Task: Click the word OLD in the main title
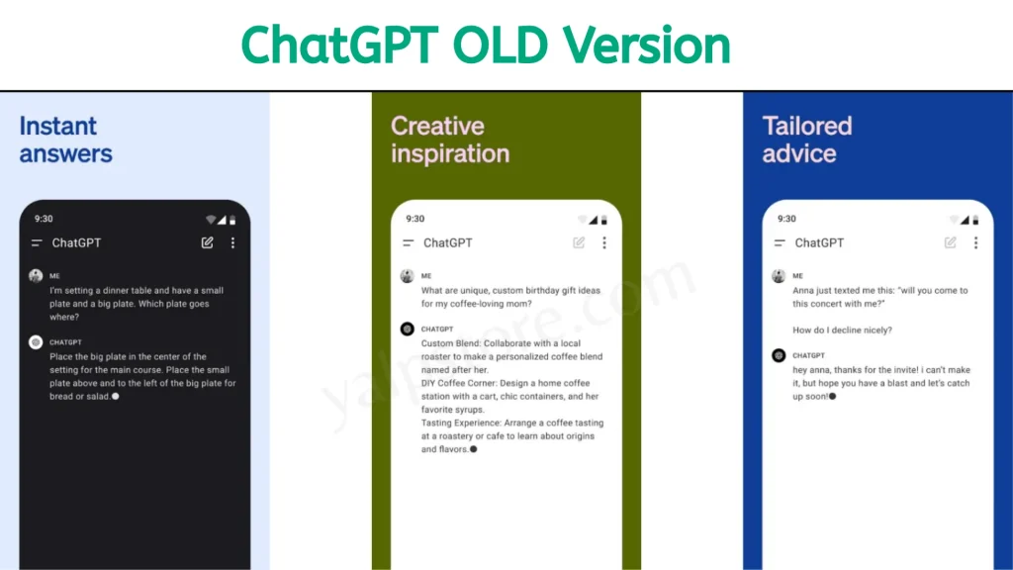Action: (x=500, y=46)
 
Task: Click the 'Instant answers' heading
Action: (x=65, y=140)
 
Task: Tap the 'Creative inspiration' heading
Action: (x=450, y=140)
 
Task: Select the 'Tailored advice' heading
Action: (x=807, y=140)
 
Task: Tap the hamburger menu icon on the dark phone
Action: (x=37, y=243)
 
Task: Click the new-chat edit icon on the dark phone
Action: (x=207, y=242)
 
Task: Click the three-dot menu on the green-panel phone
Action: (x=604, y=242)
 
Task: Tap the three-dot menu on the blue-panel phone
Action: (x=975, y=242)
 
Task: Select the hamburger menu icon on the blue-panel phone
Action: (x=780, y=243)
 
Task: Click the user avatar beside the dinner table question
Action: (x=36, y=276)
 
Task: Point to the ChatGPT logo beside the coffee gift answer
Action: (x=407, y=329)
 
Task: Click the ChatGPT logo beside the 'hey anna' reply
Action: (x=779, y=355)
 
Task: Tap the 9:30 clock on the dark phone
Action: (x=44, y=219)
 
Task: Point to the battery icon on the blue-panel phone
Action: (x=975, y=220)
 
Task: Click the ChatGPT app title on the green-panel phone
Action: (x=448, y=243)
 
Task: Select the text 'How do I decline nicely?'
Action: (x=842, y=331)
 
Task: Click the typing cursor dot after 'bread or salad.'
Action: (x=116, y=397)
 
